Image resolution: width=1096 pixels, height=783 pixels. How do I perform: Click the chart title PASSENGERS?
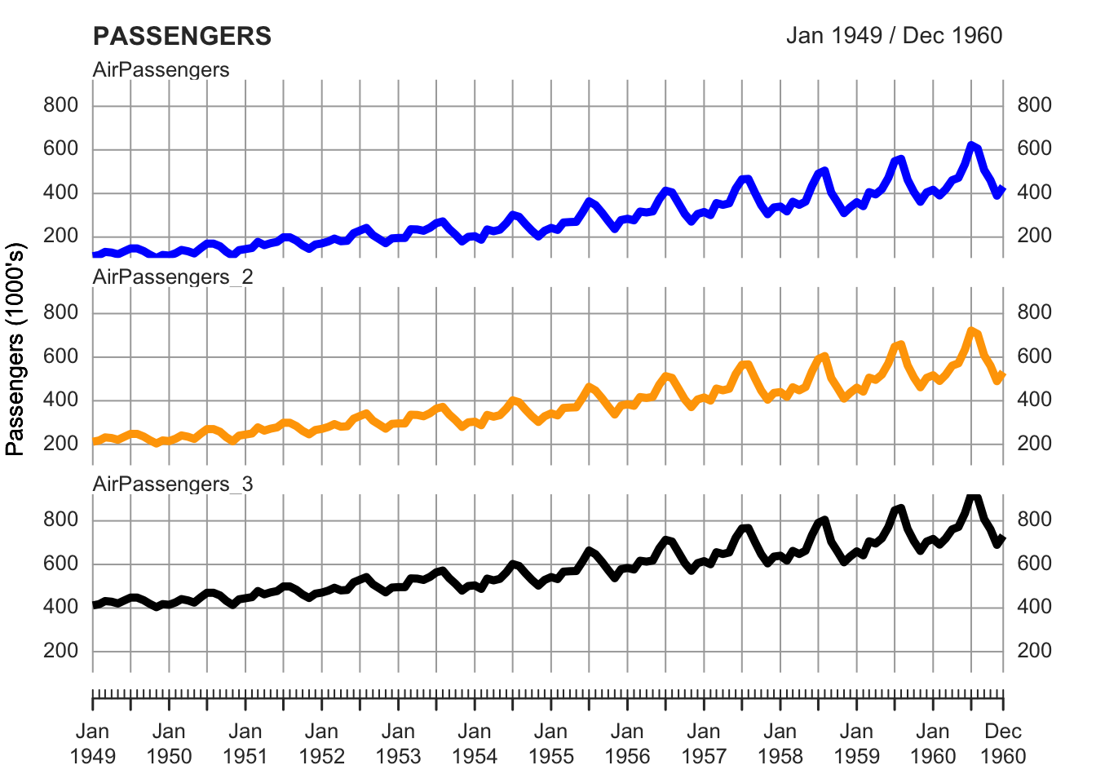pyautogui.click(x=182, y=36)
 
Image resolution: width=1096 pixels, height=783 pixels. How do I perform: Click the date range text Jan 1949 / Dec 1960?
pyautogui.click(x=894, y=35)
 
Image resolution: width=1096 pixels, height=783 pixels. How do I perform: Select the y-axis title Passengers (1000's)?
pyautogui.click(x=15, y=348)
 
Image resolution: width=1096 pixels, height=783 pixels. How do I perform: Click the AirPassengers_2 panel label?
pyautogui.click(x=173, y=277)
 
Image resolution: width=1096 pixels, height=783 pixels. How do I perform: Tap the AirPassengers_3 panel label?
pyautogui.click(x=173, y=484)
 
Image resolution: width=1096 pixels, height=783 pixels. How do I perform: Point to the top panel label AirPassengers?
pyautogui.click(x=161, y=70)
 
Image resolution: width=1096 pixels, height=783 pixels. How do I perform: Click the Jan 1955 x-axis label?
pyautogui.click(x=550, y=743)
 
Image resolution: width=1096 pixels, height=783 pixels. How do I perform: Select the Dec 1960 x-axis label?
pyautogui.click(x=1002, y=743)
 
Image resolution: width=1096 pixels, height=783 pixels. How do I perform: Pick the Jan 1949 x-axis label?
pyautogui.click(x=93, y=743)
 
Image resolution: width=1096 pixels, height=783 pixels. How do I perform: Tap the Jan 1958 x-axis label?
pyautogui.click(x=780, y=743)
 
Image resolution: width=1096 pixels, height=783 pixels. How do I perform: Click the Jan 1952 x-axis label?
pyautogui.click(x=321, y=743)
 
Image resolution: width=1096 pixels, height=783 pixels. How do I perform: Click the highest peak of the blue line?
pyautogui.click(x=970, y=145)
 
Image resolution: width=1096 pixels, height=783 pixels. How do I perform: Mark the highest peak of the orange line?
pyautogui.click(x=970, y=331)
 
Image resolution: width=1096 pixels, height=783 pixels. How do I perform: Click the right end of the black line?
pyautogui.click(x=1002, y=538)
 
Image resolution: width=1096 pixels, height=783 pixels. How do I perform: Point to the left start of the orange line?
pyautogui.click(x=95, y=441)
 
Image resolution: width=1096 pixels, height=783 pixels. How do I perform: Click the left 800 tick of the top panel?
pyautogui.click(x=62, y=105)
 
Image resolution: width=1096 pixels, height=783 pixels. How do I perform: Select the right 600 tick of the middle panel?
pyautogui.click(x=1034, y=356)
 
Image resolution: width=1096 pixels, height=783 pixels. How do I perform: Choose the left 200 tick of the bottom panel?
pyautogui.click(x=62, y=651)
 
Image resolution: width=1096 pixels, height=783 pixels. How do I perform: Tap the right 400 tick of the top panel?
pyautogui.click(x=1034, y=192)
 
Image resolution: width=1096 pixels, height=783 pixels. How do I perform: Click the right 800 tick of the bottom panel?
pyautogui.click(x=1034, y=520)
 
